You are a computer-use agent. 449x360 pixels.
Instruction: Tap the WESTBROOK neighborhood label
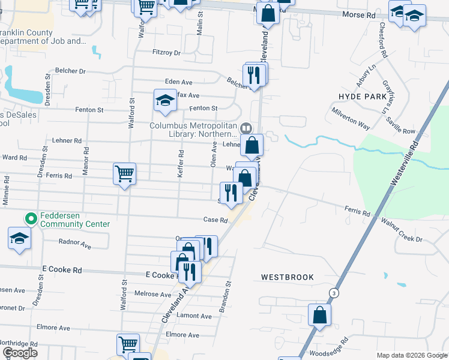pos(288,277)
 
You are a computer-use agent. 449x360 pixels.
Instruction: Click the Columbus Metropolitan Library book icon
pos(246,128)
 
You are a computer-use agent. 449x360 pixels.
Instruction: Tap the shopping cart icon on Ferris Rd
pos(124,174)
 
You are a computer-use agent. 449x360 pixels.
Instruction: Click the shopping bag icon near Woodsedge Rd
pos(320,314)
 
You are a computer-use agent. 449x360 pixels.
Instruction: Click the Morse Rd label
pos(358,13)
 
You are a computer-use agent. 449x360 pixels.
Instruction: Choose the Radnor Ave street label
pos(74,245)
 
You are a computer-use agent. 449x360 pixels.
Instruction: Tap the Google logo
pos(20,353)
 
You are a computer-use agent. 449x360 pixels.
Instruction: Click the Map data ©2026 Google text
pos(411,355)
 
